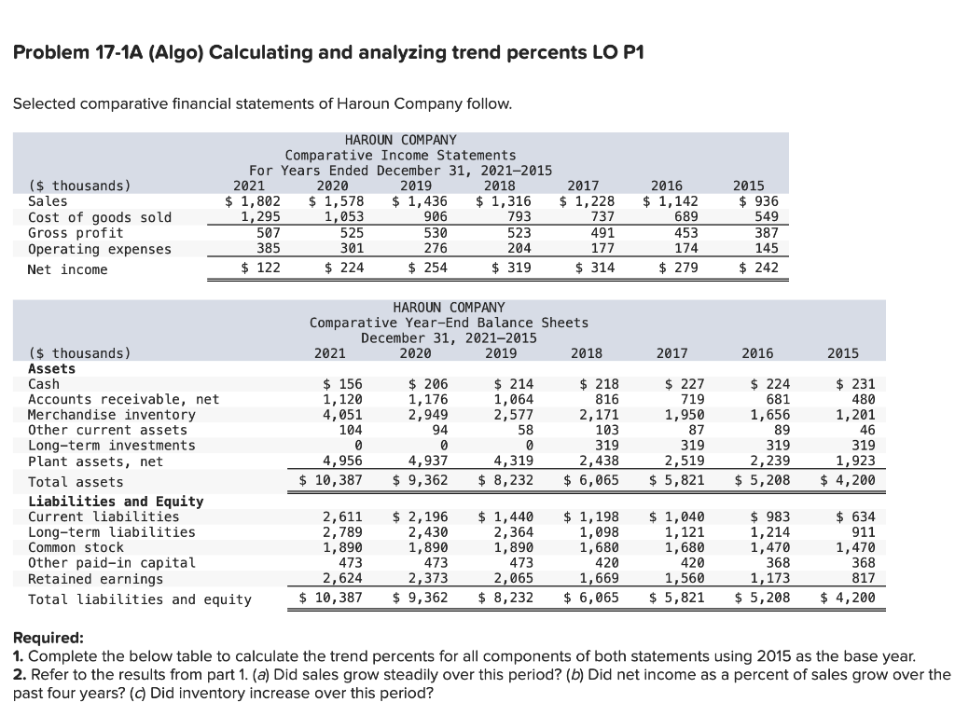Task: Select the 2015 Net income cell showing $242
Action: pyautogui.click(x=758, y=269)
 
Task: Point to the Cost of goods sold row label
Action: pyautogui.click(x=100, y=217)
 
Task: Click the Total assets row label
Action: pyautogui.click(x=76, y=482)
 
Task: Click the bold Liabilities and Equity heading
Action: pyautogui.click(x=116, y=502)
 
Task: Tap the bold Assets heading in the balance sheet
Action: pyautogui.click(x=52, y=368)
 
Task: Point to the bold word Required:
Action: pyautogui.click(x=48, y=640)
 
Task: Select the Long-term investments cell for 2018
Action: pyautogui.click(x=601, y=446)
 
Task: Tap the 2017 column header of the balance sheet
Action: pyautogui.click(x=671, y=353)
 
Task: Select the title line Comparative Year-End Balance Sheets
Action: pyautogui.click(x=449, y=323)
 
